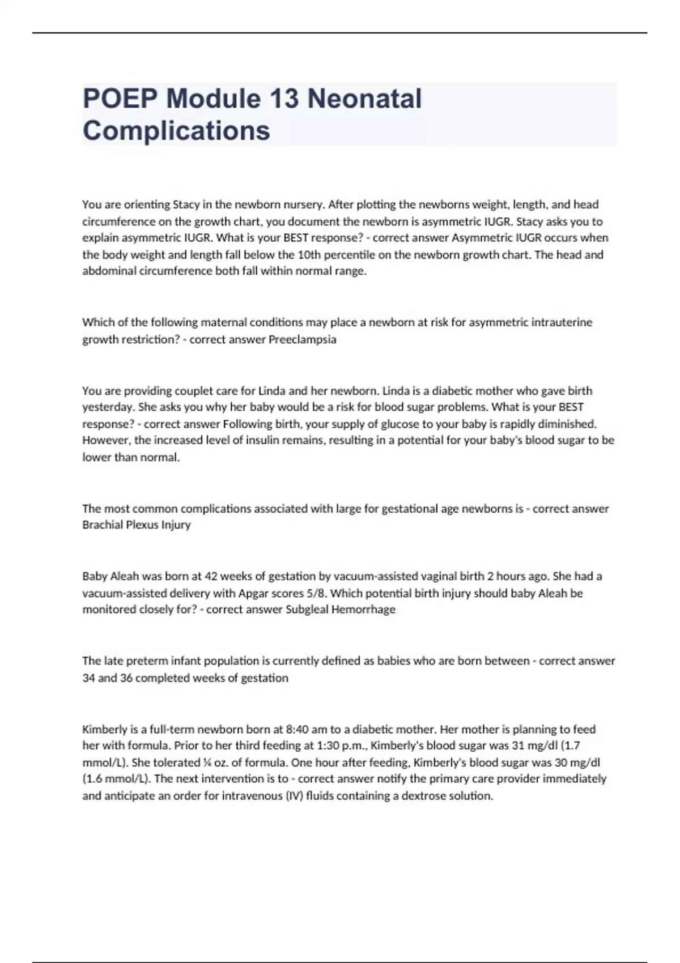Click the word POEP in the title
[x=120, y=99]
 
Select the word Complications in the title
[x=176, y=130]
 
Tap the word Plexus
[x=141, y=525]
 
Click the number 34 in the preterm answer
[x=88, y=678]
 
